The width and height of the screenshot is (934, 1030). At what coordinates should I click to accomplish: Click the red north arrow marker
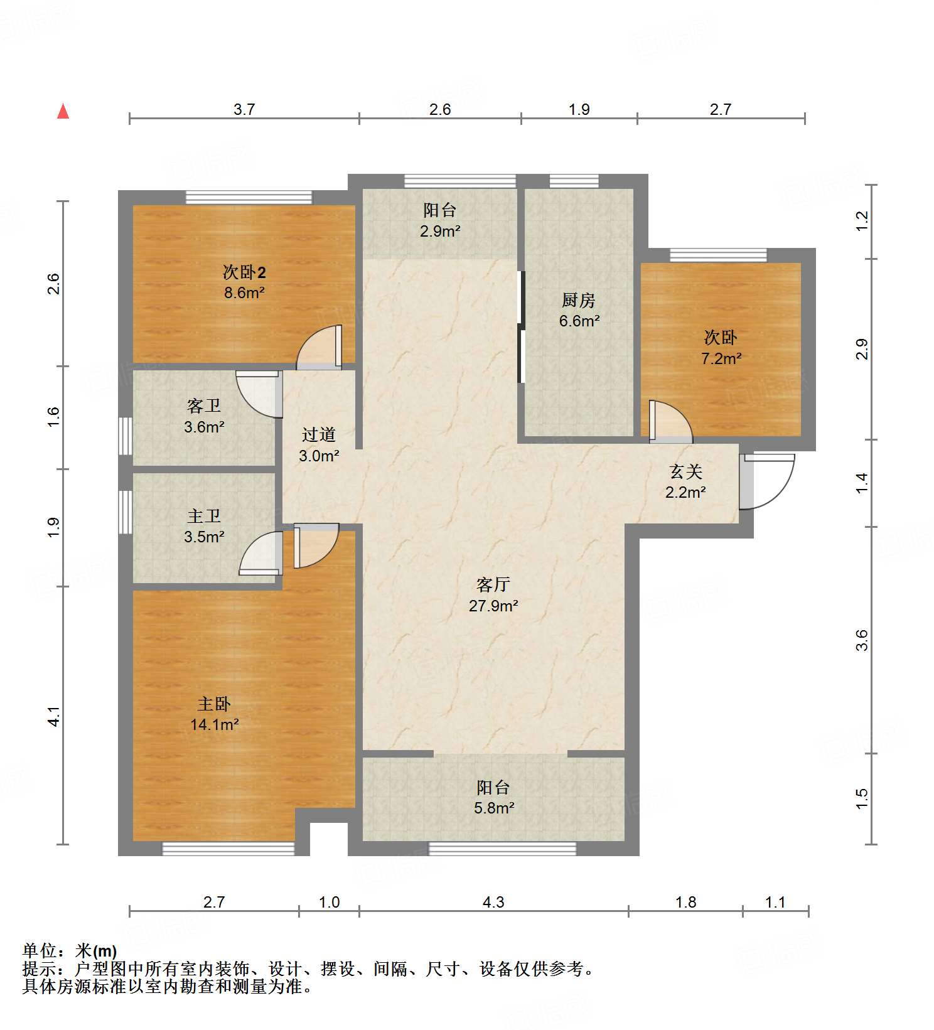pos(63,111)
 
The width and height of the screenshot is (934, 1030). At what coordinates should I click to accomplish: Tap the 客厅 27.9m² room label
pos(493,595)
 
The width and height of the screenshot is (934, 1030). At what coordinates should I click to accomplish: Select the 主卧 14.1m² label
pos(214,714)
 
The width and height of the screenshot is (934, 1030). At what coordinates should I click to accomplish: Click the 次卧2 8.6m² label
pos(244,282)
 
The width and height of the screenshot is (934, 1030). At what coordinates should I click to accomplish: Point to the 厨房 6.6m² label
pos(579,310)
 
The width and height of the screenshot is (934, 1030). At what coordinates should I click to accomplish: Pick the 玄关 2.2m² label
pos(685,481)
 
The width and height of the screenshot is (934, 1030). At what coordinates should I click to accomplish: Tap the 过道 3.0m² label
pos(319,445)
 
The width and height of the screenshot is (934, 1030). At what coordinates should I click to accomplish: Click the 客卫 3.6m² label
pos(204,416)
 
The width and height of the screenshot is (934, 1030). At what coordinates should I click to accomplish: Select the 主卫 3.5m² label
pos(204,526)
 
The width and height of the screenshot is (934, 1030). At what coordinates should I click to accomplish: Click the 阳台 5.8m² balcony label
pos(493,797)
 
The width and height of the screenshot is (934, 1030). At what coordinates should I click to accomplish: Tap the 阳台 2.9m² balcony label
pos(439,220)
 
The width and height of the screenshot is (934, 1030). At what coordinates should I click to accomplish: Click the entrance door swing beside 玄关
pos(767,481)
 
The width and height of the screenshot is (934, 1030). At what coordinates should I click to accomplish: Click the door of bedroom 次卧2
pos(319,347)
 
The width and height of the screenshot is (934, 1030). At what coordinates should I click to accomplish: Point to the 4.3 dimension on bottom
pos(493,902)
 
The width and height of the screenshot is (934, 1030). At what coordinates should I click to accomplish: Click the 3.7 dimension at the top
pos(244,109)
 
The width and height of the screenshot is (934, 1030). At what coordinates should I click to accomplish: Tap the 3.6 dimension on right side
pos(862,640)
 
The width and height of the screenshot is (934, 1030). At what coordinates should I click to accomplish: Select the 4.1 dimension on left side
pos(55,716)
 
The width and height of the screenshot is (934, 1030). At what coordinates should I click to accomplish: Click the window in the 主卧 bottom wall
pos(228,849)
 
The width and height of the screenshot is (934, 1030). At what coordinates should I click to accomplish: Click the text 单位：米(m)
pos(70,951)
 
